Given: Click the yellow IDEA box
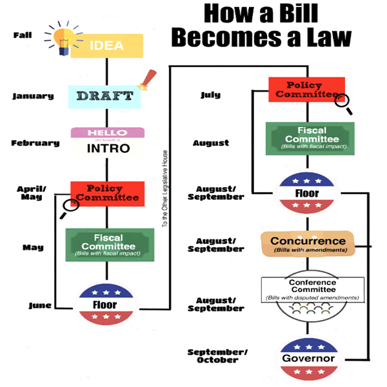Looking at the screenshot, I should point(106,46).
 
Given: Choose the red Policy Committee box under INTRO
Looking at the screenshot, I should point(108,193).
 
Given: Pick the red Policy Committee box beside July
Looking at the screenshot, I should point(306,90).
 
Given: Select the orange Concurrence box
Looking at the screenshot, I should point(308,244).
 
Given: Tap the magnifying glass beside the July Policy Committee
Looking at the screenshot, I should point(343,103).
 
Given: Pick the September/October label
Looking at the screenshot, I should point(217,356).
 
